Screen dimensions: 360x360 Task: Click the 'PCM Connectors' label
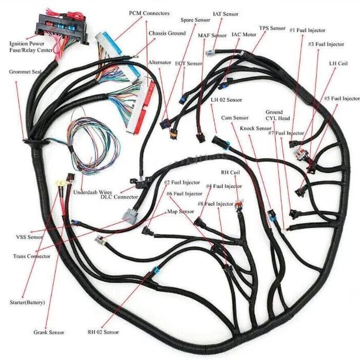pyautogui.click(x=149, y=13)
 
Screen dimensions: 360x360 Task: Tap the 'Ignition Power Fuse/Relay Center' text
pyautogui.click(x=31, y=47)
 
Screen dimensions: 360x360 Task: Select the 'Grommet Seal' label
pyautogui.click(x=25, y=72)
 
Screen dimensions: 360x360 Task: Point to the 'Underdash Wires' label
pyautogui.click(x=93, y=192)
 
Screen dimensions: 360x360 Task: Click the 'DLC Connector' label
pyautogui.click(x=119, y=197)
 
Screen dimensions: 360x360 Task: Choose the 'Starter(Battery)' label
pyautogui.click(x=27, y=302)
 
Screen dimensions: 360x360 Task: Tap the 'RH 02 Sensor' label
pyautogui.click(x=103, y=332)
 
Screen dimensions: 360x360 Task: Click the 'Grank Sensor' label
pyautogui.click(x=49, y=332)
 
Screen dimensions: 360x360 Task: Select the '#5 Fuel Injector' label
pyautogui.click(x=342, y=99)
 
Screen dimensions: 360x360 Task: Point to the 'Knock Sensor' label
pyautogui.click(x=256, y=128)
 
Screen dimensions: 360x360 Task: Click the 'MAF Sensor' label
pyautogui.click(x=212, y=36)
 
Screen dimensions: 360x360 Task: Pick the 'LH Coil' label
pyautogui.click(x=338, y=63)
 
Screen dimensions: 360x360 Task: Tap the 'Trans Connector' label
pyautogui.click(x=32, y=256)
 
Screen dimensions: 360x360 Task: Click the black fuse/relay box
pyautogui.click(x=61, y=26)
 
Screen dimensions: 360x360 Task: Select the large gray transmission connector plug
pyautogui.click(x=130, y=214)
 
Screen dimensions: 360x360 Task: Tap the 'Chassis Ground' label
pyautogui.click(x=167, y=33)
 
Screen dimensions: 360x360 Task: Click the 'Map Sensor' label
pyautogui.click(x=181, y=211)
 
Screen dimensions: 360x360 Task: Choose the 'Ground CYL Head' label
pyautogui.click(x=278, y=115)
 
